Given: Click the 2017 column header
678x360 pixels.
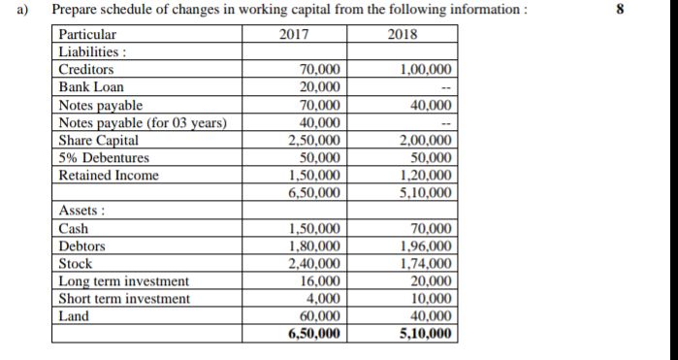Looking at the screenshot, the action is [292, 35].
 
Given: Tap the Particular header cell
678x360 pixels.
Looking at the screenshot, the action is [87, 35].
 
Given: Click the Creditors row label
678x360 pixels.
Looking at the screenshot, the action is [86, 70].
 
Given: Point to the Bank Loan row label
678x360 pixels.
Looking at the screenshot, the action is [91, 87].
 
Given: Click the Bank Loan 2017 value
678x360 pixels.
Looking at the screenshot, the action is [315, 87].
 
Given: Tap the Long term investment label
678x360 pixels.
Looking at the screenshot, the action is [124, 281].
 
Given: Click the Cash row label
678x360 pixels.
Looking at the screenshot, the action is [74, 229].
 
